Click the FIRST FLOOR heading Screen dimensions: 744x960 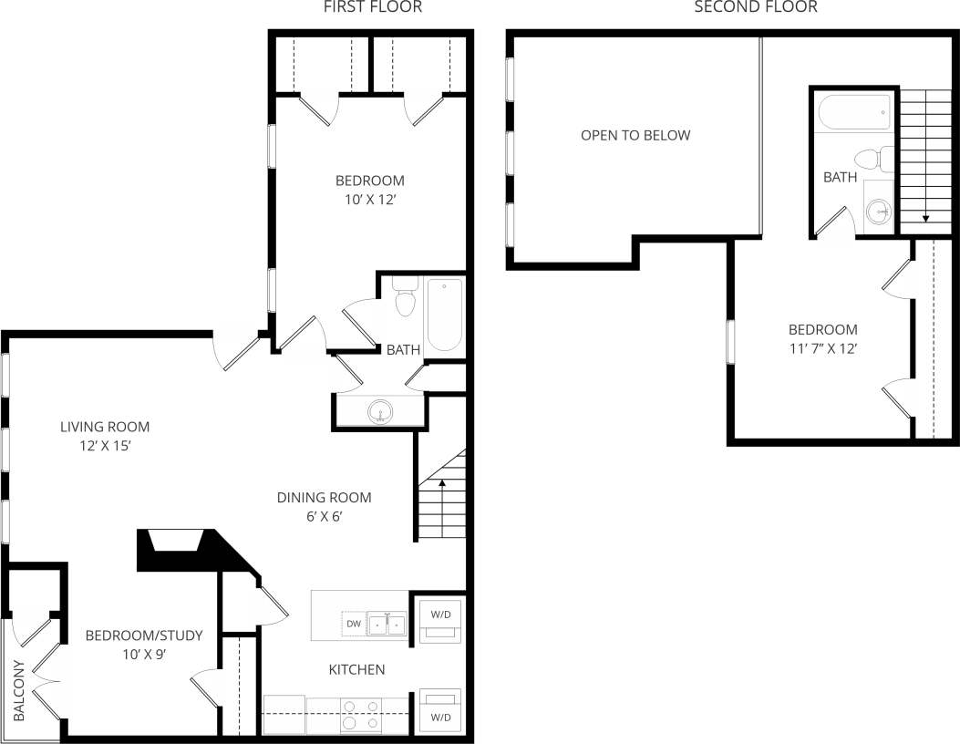click(373, 8)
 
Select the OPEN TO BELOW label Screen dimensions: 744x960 click(635, 136)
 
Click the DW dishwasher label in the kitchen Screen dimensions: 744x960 click(354, 625)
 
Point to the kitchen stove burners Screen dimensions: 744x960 click(361, 714)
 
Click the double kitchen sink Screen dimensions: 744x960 click(387, 625)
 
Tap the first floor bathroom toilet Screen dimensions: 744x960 click(405, 297)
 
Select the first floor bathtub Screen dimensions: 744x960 click(445, 315)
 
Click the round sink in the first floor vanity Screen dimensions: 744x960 click(381, 412)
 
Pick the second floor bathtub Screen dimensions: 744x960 click(854, 113)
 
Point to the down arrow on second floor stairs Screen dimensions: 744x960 click(924, 218)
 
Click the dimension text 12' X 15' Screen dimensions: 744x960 click(104, 446)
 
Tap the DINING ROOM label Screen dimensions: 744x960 click(325, 498)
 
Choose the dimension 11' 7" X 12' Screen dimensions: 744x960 click(822, 347)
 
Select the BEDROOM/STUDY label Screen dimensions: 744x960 click(143, 635)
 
